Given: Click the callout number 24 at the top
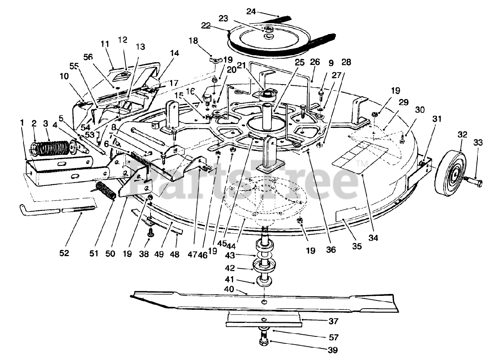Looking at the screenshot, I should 251,12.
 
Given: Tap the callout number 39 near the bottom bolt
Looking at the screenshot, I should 332,350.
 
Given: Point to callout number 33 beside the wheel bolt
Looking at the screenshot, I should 478,143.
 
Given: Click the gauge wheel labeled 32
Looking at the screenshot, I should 450,172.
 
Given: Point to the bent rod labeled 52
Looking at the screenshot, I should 58,210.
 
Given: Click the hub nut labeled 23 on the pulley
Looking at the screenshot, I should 267,29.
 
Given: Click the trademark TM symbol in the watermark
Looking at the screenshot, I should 362,165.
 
